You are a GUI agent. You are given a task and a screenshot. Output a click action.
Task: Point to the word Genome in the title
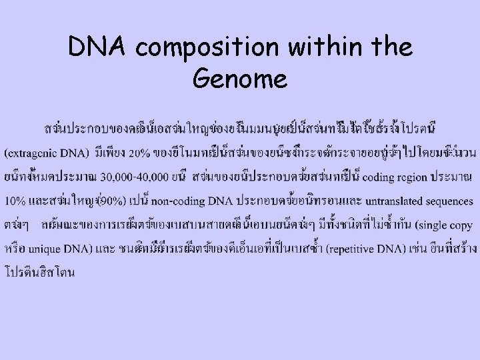point(239,80)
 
